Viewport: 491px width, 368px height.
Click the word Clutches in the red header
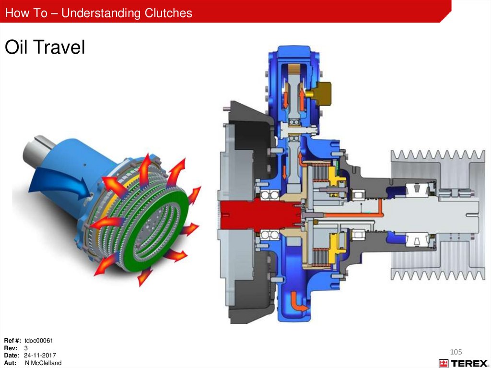(x=168, y=13)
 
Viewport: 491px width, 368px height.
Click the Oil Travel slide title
(x=45, y=47)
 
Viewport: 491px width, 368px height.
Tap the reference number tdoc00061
(x=38, y=341)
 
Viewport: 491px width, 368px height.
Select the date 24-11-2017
(x=40, y=356)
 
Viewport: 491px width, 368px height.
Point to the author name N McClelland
(x=43, y=363)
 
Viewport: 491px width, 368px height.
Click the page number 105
(x=456, y=352)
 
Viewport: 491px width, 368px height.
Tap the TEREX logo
(x=463, y=363)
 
